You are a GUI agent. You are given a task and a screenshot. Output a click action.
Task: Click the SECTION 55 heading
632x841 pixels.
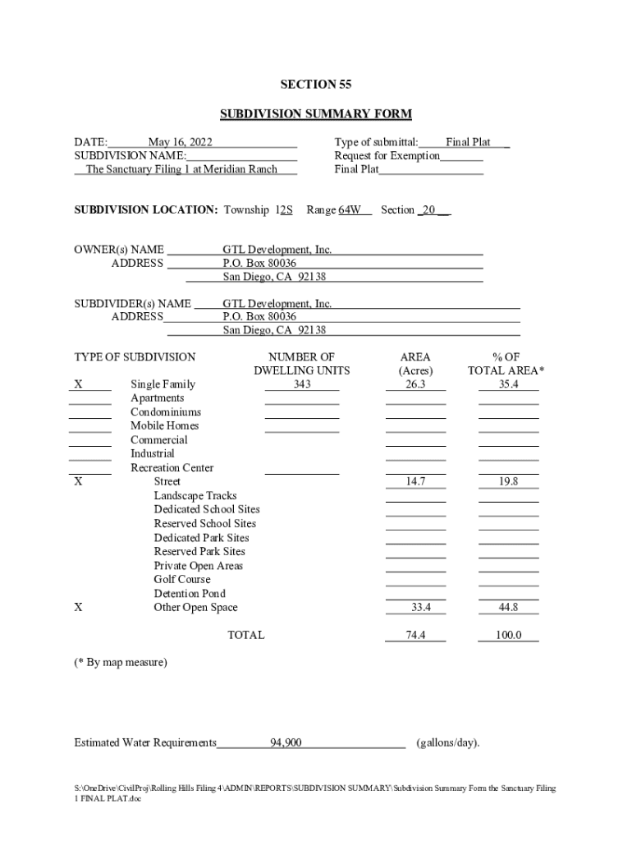[x=315, y=85]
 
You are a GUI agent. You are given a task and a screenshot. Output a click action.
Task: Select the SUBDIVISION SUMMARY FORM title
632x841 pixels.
[x=315, y=114]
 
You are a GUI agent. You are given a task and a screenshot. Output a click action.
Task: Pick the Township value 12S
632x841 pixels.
[x=284, y=209]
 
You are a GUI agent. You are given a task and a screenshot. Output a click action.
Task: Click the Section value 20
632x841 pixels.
[x=428, y=209]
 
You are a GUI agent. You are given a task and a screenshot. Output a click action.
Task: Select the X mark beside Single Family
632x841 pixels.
[x=78, y=384]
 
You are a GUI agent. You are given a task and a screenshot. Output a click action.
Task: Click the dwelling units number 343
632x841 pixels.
[x=301, y=384]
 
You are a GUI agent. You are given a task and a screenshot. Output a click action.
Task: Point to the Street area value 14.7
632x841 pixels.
[x=415, y=482]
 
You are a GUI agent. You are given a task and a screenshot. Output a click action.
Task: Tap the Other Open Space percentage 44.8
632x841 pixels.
[x=508, y=608]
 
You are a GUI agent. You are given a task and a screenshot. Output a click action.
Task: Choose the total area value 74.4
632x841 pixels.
[x=415, y=636]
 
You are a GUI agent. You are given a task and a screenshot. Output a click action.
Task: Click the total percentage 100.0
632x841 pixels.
[x=508, y=636]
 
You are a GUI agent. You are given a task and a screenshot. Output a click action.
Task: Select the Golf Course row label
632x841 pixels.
[x=182, y=580]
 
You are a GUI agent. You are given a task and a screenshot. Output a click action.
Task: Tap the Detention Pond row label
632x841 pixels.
[x=190, y=594]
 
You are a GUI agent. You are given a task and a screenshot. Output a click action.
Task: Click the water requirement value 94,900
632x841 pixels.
[x=286, y=743]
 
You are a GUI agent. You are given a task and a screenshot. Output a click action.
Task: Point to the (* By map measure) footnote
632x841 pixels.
[x=121, y=662]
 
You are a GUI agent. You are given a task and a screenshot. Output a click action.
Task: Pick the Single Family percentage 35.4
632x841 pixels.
[x=508, y=384]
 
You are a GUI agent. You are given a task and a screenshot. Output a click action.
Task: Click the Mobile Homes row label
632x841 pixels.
[x=165, y=425]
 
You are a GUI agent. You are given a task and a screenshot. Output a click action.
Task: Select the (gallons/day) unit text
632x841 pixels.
[x=447, y=743]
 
